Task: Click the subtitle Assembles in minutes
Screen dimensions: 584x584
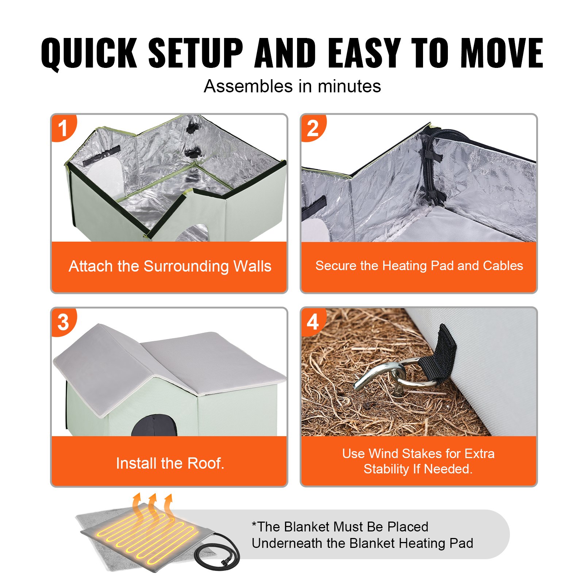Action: pos(292,87)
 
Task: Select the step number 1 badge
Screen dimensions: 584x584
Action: pos(63,128)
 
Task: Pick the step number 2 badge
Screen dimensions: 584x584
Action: pos(312,128)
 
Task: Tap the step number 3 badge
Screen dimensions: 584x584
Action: pos(63,322)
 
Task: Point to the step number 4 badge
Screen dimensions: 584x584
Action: pos(312,322)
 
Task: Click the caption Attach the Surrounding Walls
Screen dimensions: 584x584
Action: pos(170,266)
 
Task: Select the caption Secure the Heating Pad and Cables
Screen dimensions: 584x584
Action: pos(419,266)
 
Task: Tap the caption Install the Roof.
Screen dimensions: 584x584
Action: pos(170,463)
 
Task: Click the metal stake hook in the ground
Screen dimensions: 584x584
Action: pos(380,376)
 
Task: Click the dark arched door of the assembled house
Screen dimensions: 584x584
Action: pos(154,426)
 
